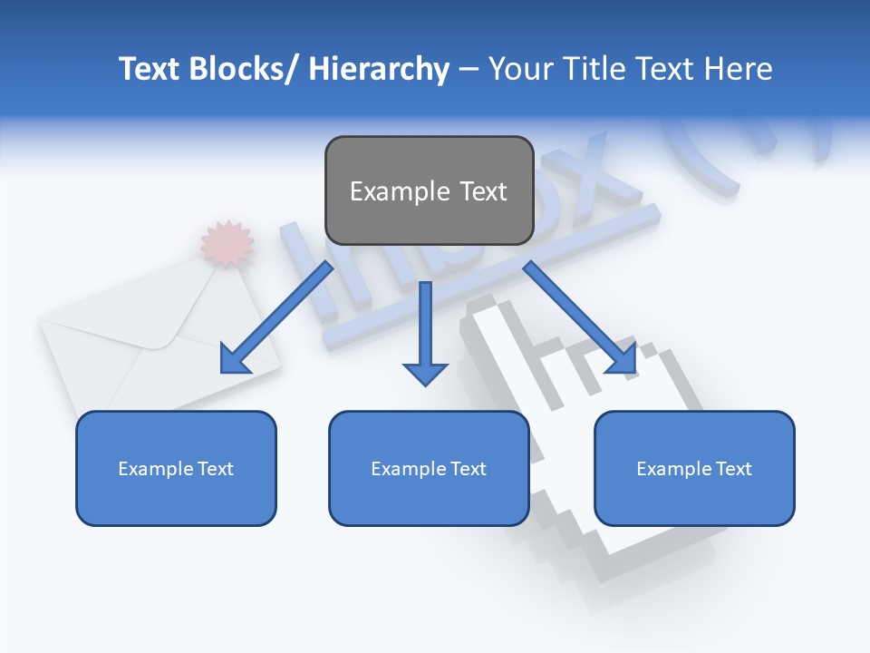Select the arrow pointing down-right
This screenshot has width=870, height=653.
580,317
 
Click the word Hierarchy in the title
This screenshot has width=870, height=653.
379,69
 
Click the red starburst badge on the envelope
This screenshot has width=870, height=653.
227,242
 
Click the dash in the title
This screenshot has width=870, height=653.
469,70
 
